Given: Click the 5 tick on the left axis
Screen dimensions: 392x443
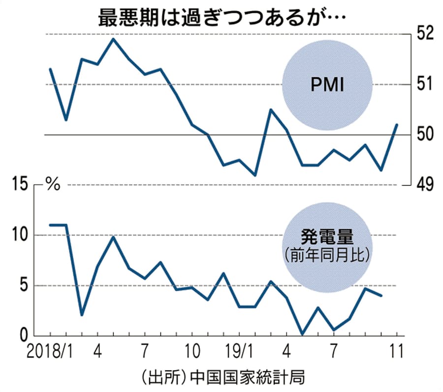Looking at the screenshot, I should (x=22, y=286).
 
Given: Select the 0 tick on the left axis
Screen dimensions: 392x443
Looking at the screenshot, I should (x=22, y=336).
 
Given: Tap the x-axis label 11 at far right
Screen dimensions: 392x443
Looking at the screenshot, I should (x=396, y=352).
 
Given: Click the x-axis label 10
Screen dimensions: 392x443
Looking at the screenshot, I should (x=191, y=352).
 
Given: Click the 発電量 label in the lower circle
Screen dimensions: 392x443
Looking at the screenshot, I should (x=326, y=238).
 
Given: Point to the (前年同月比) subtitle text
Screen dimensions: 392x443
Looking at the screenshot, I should (x=326, y=256).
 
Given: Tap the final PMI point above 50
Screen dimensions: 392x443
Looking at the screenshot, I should (x=397, y=124).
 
